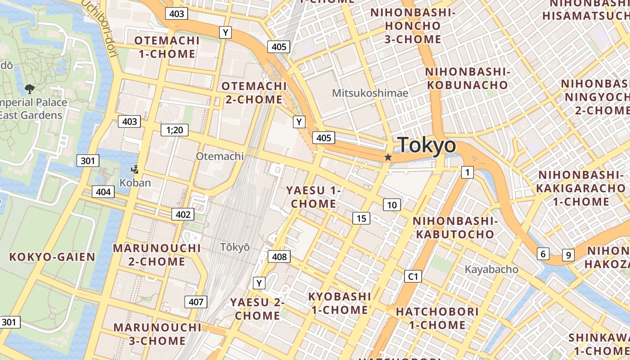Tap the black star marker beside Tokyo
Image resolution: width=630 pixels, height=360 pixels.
(x=388, y=157)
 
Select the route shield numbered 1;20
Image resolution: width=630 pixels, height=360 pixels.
(x=175, y=130)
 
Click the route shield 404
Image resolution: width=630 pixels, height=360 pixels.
(x=103, y=192)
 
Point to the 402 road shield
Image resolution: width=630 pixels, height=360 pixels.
(x=183, y=214)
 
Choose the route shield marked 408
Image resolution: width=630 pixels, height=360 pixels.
(x=279, y=256)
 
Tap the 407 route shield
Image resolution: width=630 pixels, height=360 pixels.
(x=196, y=301)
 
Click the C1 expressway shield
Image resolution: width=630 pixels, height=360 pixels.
(x=413, y=276)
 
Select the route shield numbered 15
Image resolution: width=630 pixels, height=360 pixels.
(x=361, y=218)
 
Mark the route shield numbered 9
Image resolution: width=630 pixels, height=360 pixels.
(x=568, y=255)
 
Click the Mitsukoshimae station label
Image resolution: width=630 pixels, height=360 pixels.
(x=370, y=93)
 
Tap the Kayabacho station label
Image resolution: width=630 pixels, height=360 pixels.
(x=491, y=269)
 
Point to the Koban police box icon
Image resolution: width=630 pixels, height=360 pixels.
(x=135, y=169)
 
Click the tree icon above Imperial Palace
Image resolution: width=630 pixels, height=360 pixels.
(x=30, y=89)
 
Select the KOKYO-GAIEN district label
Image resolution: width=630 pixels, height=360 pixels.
(x=52, y=257)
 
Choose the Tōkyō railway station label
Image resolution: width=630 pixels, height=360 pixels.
(x=235, y=247)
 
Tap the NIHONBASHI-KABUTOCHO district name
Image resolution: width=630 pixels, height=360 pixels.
(x=455, y=227)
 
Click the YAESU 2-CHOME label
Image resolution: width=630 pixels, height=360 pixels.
(x=257, y=308)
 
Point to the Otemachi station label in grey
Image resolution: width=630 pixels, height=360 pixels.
(x=220, y=156)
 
